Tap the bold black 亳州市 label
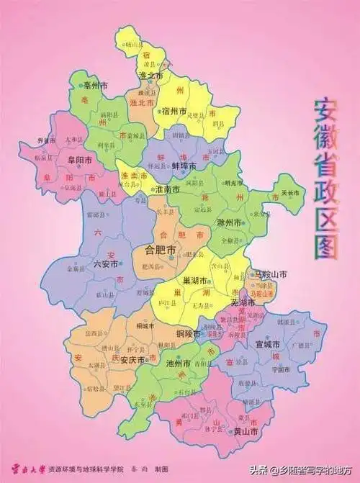point(96,86)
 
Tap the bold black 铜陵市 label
point(191,334)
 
